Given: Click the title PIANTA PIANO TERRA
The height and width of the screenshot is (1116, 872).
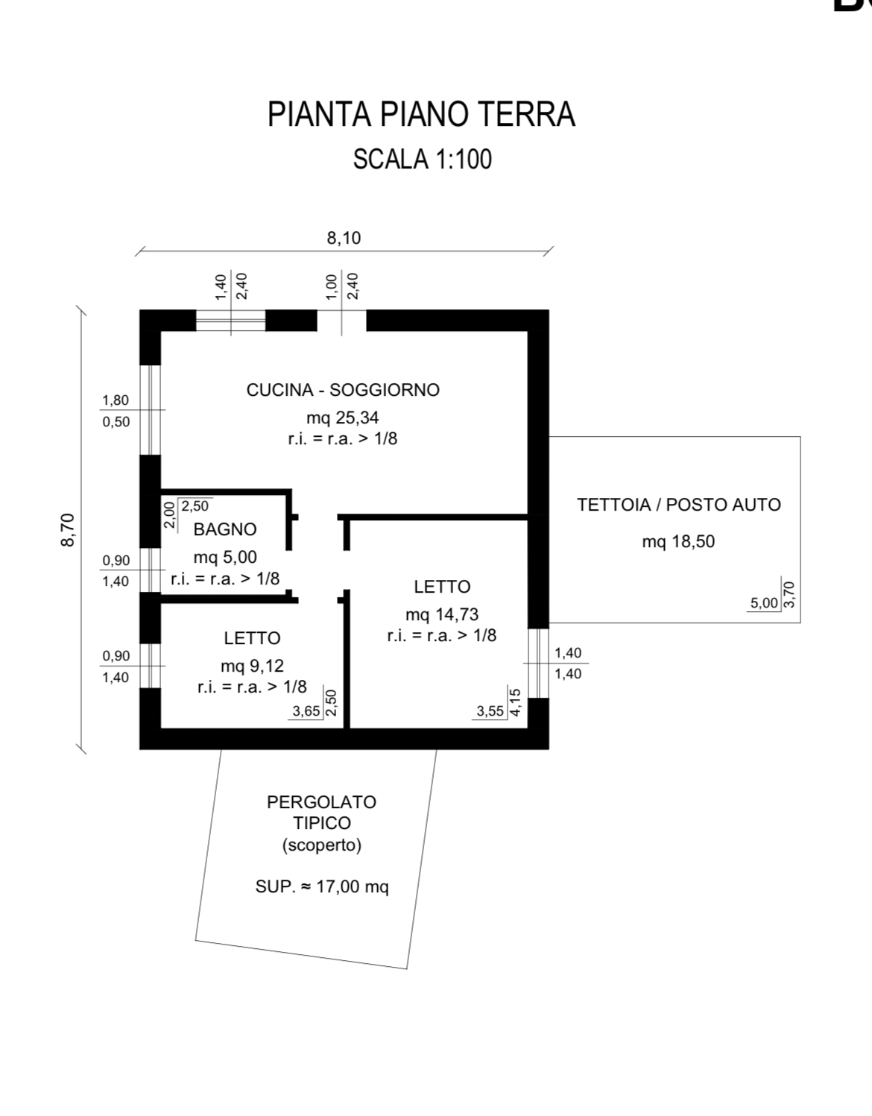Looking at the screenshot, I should pos(421,115).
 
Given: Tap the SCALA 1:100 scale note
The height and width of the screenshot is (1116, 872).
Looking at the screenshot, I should pos(422,160).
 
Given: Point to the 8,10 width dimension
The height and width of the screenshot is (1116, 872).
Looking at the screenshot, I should pos(344,238).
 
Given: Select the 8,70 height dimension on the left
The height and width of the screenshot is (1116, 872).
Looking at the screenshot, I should pos(68,530).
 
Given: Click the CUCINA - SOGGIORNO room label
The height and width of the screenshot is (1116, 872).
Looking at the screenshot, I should pos(343,390).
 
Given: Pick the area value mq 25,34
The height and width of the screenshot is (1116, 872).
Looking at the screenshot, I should pos(343,417).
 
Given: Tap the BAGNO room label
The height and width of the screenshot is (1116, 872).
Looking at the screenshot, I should pos(225,529).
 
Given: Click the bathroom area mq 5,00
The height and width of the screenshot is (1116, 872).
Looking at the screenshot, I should pos(225,557).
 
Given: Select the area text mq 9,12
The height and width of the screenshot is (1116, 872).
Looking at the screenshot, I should pos(252,666).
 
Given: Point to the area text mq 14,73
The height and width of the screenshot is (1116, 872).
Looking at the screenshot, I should pos(442,614).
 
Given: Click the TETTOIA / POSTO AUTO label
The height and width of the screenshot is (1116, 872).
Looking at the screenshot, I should pos(678,505).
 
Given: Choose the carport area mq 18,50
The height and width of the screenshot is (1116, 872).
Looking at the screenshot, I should pos(678,541).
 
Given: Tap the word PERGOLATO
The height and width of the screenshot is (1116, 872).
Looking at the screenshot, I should pos(322,802).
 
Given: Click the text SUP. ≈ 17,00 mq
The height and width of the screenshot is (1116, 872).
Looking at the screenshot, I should pos(322,886).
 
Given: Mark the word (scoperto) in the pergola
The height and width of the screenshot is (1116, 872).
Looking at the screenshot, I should pos(322,845).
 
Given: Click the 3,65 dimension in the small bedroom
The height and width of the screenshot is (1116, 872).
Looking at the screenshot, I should pos(306,711).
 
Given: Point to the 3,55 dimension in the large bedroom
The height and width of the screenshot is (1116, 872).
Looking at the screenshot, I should pos(490,711).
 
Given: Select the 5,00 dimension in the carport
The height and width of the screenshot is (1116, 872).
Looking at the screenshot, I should pos(764,603).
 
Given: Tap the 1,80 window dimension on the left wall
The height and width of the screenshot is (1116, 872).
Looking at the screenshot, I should pos(116,400).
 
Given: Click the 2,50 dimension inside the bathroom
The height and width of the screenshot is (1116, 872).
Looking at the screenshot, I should pos(195,506).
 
